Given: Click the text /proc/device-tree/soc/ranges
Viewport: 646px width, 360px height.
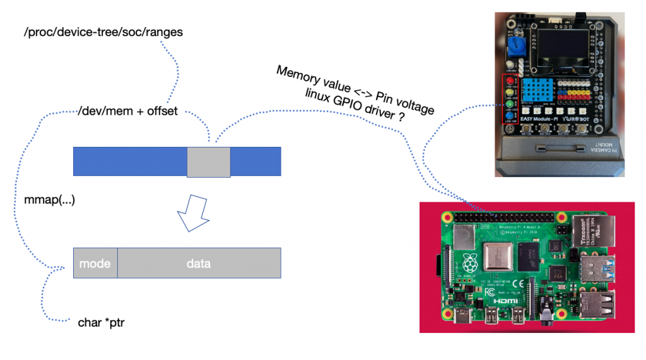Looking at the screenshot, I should point(103,32).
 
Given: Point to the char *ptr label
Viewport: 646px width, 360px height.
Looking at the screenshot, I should point(105,322).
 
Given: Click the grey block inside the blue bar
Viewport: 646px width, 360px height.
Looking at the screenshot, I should point(208,161).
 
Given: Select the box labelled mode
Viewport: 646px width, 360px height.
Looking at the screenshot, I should point(95,263).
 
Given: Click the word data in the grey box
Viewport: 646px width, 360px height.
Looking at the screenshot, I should point(199,263).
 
